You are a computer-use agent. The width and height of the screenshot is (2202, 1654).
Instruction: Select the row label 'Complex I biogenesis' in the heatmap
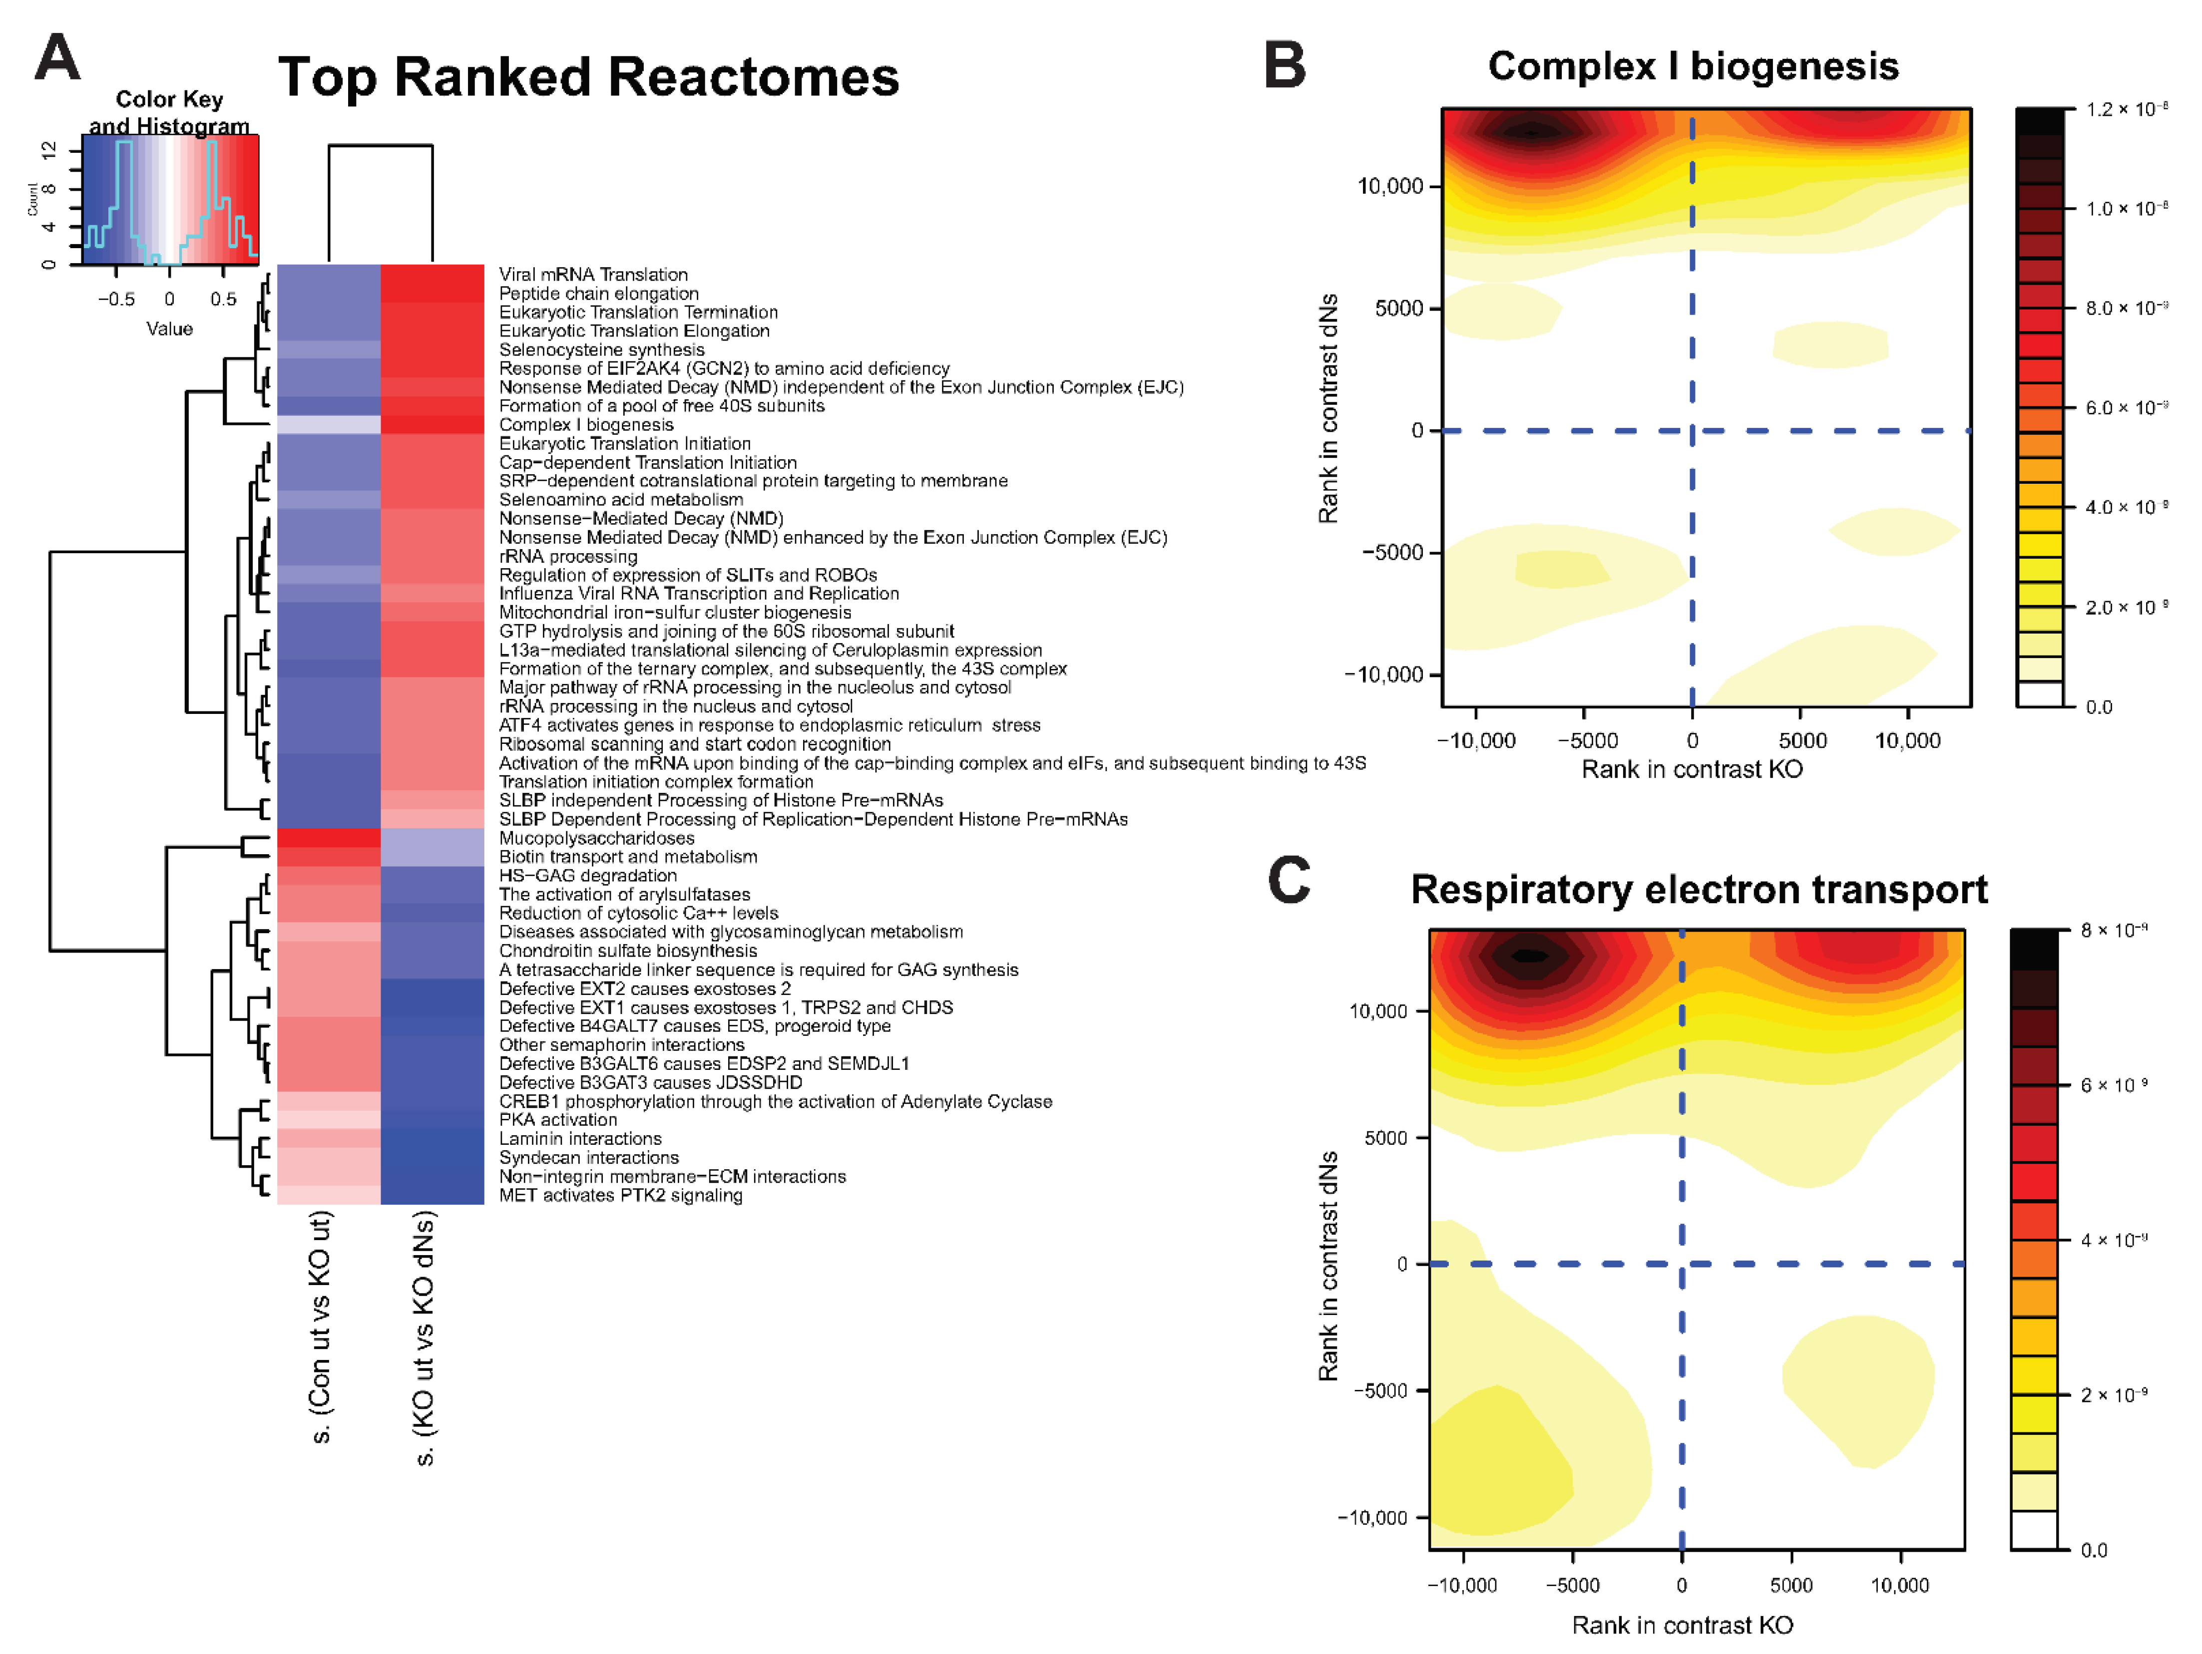pos(586,425)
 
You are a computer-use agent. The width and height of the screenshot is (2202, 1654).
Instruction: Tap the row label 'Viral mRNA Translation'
pos(593,275)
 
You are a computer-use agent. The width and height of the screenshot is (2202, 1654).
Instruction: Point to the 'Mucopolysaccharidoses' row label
pos(596,838)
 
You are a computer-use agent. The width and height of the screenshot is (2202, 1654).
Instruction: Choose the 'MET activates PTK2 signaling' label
pos(620,1195)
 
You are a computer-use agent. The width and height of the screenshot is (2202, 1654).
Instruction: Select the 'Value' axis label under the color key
pos(169,329)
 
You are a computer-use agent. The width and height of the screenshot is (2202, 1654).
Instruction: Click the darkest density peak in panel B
pos(1531,131)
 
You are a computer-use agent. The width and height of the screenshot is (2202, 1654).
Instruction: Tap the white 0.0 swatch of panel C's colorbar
pos(2034,1530)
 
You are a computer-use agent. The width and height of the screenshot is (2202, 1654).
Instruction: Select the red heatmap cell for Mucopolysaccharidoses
pos(329,838)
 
